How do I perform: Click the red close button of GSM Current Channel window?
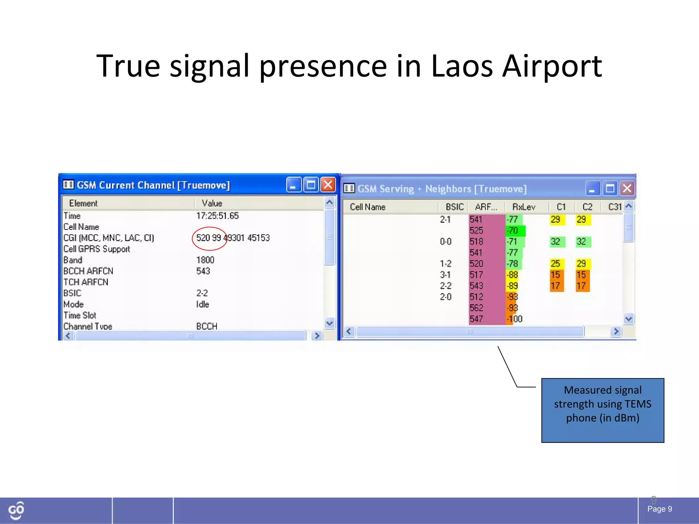click(328, 185)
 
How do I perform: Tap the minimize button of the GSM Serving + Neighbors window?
click(592, 189)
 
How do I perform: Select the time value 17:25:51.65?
click(217, 216)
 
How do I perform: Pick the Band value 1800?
click(205, 260)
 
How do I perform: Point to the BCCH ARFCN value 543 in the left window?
click(203, 271)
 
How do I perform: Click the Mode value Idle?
click(202, 304)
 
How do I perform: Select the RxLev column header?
click(524, 207)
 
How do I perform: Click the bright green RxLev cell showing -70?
click(515, 231)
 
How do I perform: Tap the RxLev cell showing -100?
click(514, 319)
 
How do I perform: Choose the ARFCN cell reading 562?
click(476, 308)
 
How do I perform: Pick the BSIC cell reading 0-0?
click(445, 242)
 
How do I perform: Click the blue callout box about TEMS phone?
click(602, 410)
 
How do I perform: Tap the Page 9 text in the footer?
click(659, 509)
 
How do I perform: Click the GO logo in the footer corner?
click(16, 510)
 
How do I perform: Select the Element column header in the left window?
click(83, 203)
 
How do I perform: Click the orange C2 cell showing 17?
click(582, 286)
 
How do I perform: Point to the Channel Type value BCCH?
click(206, 326)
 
